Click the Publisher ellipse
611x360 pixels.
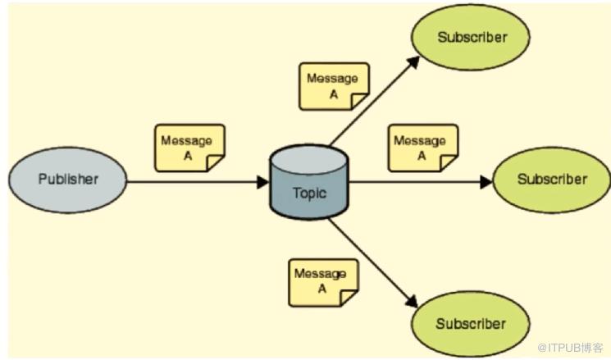click(68, 180)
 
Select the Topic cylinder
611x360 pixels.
click(309, 182)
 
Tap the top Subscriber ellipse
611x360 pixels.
click(470, 38)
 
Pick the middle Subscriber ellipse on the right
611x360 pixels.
click(552, 180)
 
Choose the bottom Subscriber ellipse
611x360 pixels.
click(470, 324)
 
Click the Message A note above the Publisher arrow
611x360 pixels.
click(189, 148)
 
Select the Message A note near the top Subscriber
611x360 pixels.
click(334, 86)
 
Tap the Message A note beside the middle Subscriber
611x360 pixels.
click(423, 148)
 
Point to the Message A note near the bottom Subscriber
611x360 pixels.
click(323, 283)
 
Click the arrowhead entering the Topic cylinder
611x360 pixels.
click(263, 182)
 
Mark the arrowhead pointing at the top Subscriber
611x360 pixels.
click(413, 62)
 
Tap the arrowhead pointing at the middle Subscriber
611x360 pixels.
click(486, 182)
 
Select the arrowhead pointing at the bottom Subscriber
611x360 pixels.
click(412, 301)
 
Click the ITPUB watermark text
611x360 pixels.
click(570, 347)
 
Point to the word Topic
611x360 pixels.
click(309, 194)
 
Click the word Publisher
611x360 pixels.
click(68, 180)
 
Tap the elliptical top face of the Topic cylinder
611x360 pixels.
click(309, 160)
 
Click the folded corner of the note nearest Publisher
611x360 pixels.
click(215, 163)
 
